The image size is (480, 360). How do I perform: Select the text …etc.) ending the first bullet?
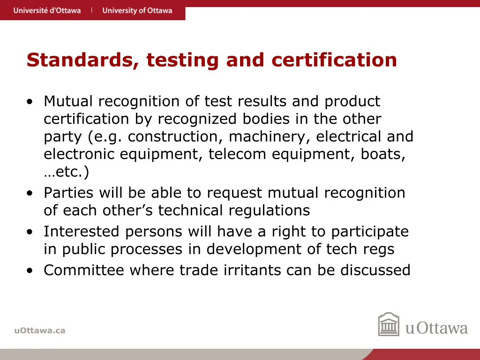tap(66, 172)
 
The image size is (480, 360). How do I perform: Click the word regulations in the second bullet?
tap(269, 210)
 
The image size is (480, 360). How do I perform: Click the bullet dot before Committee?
tap(30, 270)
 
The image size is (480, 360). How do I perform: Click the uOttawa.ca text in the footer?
tap(40, 330)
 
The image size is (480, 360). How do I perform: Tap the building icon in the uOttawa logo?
tap(389, 325)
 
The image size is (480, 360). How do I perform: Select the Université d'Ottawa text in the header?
tap(47, 10)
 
